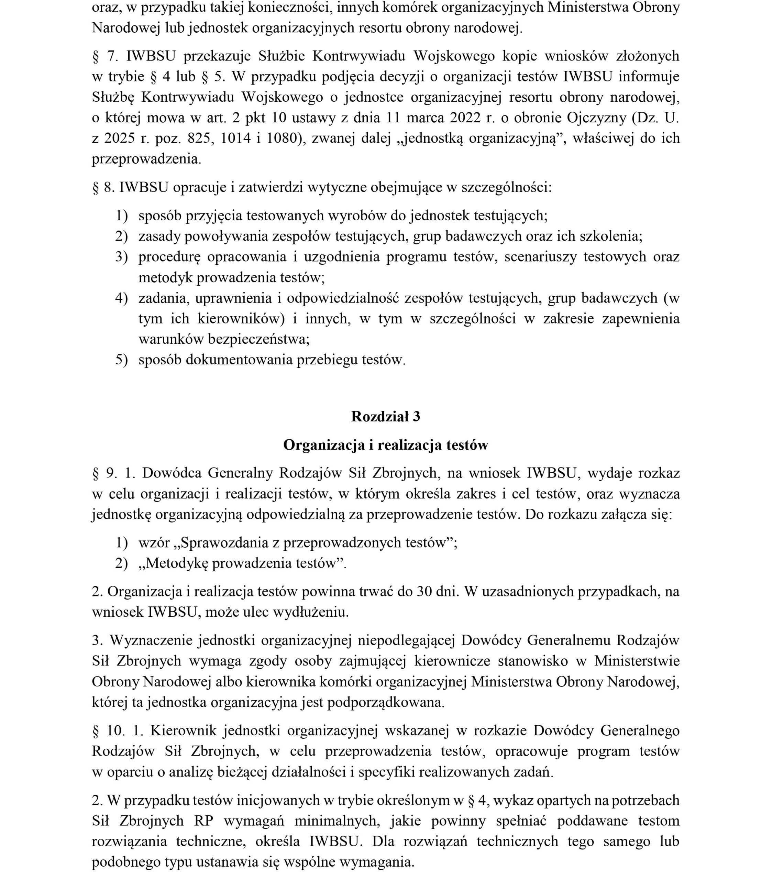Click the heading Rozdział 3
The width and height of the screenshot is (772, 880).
click(x=385, y=416)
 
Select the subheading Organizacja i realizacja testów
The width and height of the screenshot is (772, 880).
click(x=385, y=445)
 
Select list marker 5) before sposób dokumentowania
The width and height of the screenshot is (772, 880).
click(x=121, y=360)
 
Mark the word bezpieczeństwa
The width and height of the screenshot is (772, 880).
click(x=258, y=339)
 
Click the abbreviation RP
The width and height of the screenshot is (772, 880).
click(x=204, y=821)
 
